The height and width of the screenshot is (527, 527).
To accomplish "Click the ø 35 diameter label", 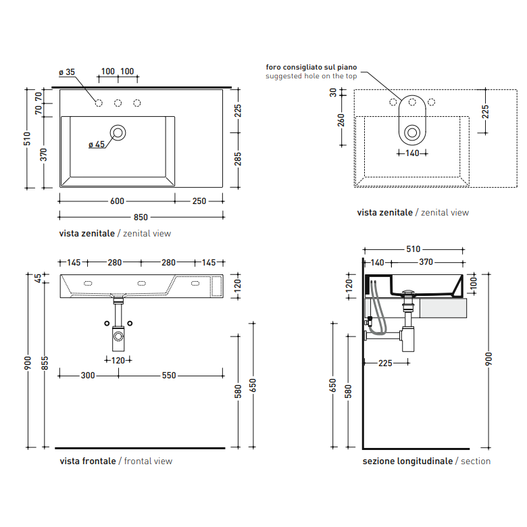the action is pyautogui.click(x=67, y=72).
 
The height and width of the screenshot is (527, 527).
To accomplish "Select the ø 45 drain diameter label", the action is pyautogui.click(x=97, y=145).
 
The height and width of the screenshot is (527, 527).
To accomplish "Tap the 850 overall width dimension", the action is pyautogui.click(x=141, y=218).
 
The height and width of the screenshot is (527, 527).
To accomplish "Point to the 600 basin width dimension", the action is pyautogui.click(x=117, y=201).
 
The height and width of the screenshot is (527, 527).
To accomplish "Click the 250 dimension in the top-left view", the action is pyautogui.click(x=199, y=201).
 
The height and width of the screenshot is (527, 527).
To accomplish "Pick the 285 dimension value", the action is pyautogui.click(x=238, y=159).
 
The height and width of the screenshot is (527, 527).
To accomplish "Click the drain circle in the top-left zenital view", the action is pyautogui.click(x=118, y=132).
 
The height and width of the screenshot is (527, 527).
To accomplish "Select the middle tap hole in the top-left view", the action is pyautogui.click(x=118, y=103).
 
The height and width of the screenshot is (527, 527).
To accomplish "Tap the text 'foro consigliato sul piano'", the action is pyautogui.click(x=311, y=67).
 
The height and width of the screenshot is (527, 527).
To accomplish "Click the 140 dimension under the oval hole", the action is pyautogui.click(x=412, y=153).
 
